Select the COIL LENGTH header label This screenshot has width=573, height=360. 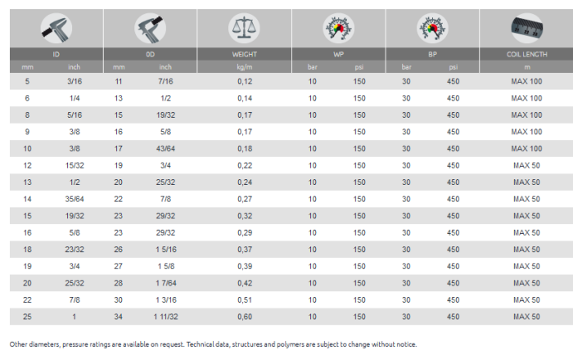click(x=526, y=54)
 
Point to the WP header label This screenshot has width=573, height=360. click(x=337, y=54)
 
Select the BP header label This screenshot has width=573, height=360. click(x=431, y=54)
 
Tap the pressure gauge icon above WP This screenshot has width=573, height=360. click(x=337, y=28)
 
